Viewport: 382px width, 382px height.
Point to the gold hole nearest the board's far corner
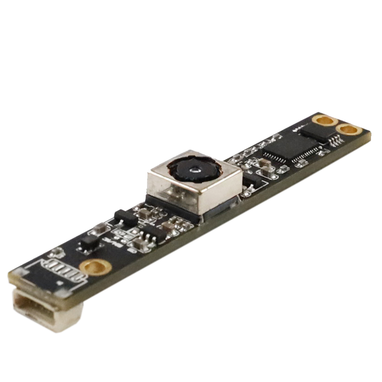click(x=349, y=129)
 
